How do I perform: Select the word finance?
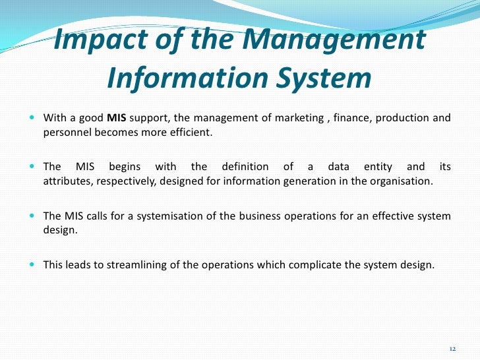click(355, 119)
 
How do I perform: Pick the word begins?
click(125, 167)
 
